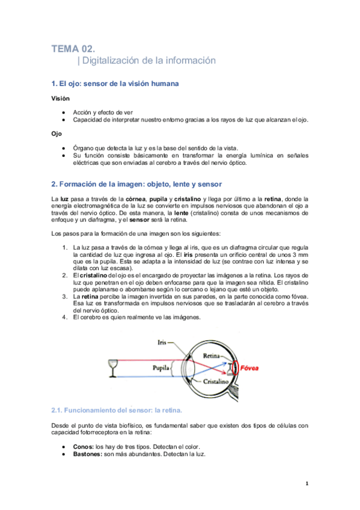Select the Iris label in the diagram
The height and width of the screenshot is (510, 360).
tap(161, 342)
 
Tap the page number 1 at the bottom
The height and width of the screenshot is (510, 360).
tap(307, 483)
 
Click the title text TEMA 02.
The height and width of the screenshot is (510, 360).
tap(73, 49)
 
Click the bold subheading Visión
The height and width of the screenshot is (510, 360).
tap(60, 98)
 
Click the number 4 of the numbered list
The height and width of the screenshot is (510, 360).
tap(64, 318)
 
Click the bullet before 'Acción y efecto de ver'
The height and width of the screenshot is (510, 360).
tap(63, 112)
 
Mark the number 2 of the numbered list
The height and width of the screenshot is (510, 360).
tap(64, 275)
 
